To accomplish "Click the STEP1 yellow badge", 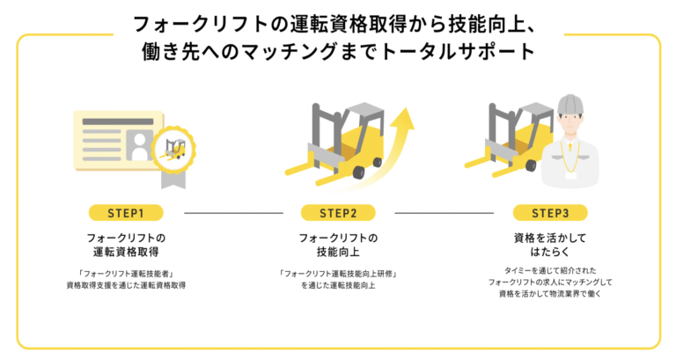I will tap(127, 213).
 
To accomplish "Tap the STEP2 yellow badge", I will tap(338, 213).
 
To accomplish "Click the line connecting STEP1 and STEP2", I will tap(232, 213).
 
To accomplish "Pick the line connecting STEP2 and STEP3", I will tap(445, 213).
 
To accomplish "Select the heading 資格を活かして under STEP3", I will tap(549, 238).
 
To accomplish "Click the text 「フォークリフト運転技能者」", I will tap(127, 273).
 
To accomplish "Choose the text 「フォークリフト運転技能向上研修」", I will tap(338, 273).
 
